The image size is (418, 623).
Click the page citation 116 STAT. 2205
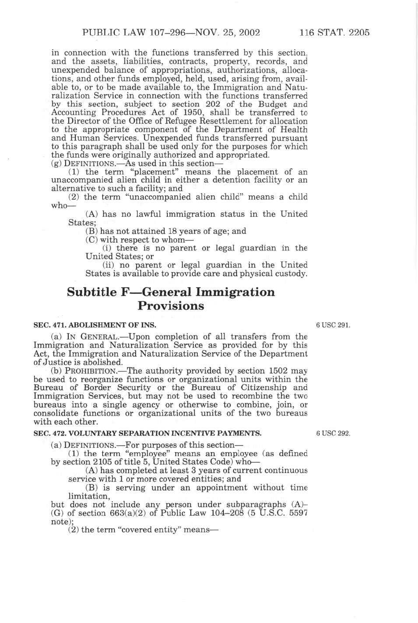coord(334,33)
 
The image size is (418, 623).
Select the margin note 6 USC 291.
coord(333,325)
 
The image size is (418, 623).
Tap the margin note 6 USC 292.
coord(333,433)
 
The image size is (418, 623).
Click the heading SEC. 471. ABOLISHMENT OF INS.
coord(95,325)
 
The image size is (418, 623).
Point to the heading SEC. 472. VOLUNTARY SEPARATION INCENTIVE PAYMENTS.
coord(147,433)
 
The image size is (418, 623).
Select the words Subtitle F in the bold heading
coord(92,292)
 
